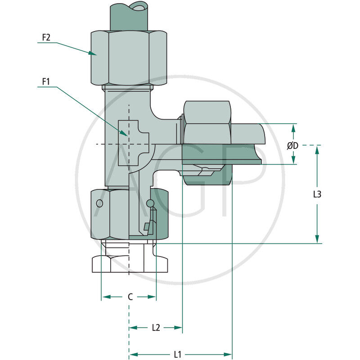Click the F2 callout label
[x=46, y=37]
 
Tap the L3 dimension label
[x=317, y=194]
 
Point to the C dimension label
[x=130, y=297]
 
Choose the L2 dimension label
[x=156, y=328]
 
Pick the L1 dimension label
[x=177, y=354]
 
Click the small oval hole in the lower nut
[x=99, y=204]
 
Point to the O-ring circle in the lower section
[x=151, y=204]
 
